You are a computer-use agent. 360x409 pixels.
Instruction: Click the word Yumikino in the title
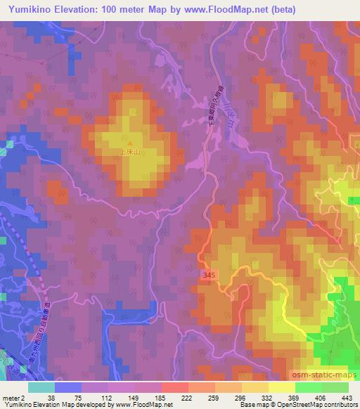[x=27, y=9]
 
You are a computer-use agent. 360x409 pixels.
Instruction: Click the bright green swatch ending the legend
[x=335, y=387]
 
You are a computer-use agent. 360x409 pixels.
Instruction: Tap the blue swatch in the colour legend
[x=68, y=387]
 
